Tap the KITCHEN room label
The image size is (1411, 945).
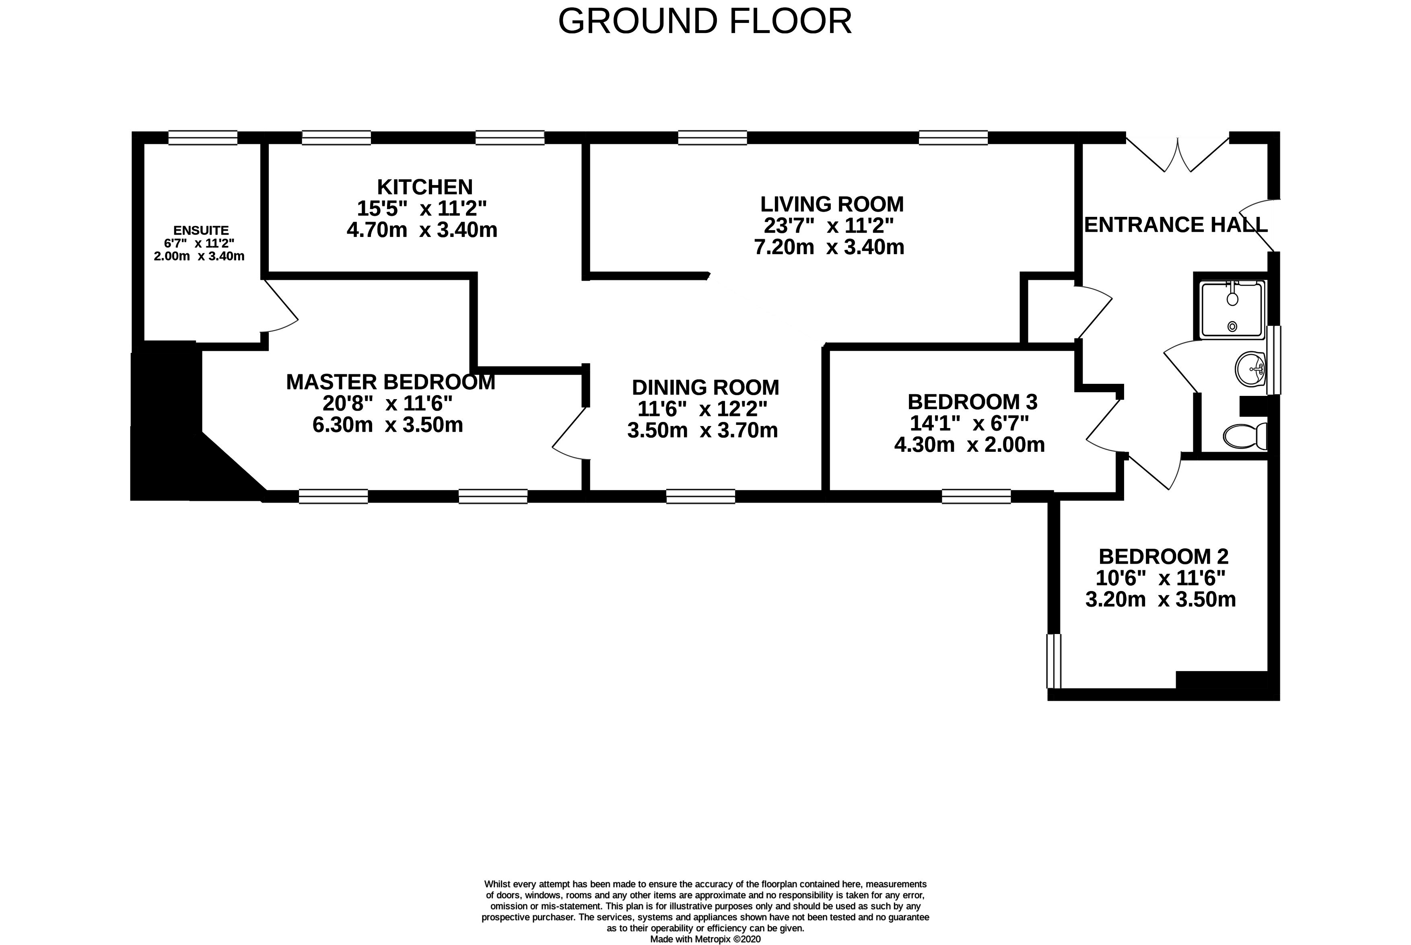pos(425,187)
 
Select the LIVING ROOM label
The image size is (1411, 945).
pos(832,204)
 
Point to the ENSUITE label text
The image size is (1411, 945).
pos(201,230)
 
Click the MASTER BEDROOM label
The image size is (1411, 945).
pos(391,382)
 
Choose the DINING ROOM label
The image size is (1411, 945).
pos(705,387)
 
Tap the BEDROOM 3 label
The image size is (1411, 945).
pos(972,401)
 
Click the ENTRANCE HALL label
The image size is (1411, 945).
pos(1175,225)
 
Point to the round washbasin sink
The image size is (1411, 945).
pos(1250,369)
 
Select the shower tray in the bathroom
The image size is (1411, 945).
pos(1232,310)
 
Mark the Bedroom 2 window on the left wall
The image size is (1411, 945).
pos(1054,661)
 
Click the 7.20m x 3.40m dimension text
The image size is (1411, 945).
pos(829,247)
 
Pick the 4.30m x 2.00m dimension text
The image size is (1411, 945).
pos(969,445)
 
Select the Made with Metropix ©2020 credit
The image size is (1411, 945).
pos(705,939)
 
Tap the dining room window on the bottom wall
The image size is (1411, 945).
pos(700,496)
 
